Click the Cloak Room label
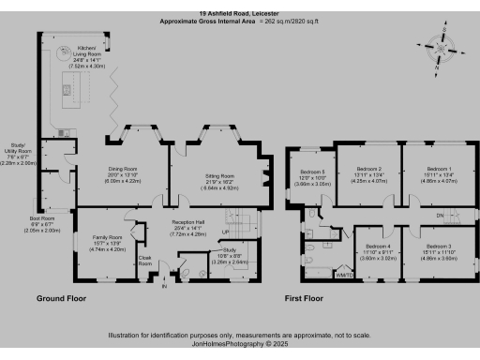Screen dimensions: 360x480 144,260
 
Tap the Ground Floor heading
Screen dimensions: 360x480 63,299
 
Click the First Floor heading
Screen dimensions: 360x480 306,299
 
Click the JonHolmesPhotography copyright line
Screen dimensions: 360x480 240,344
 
